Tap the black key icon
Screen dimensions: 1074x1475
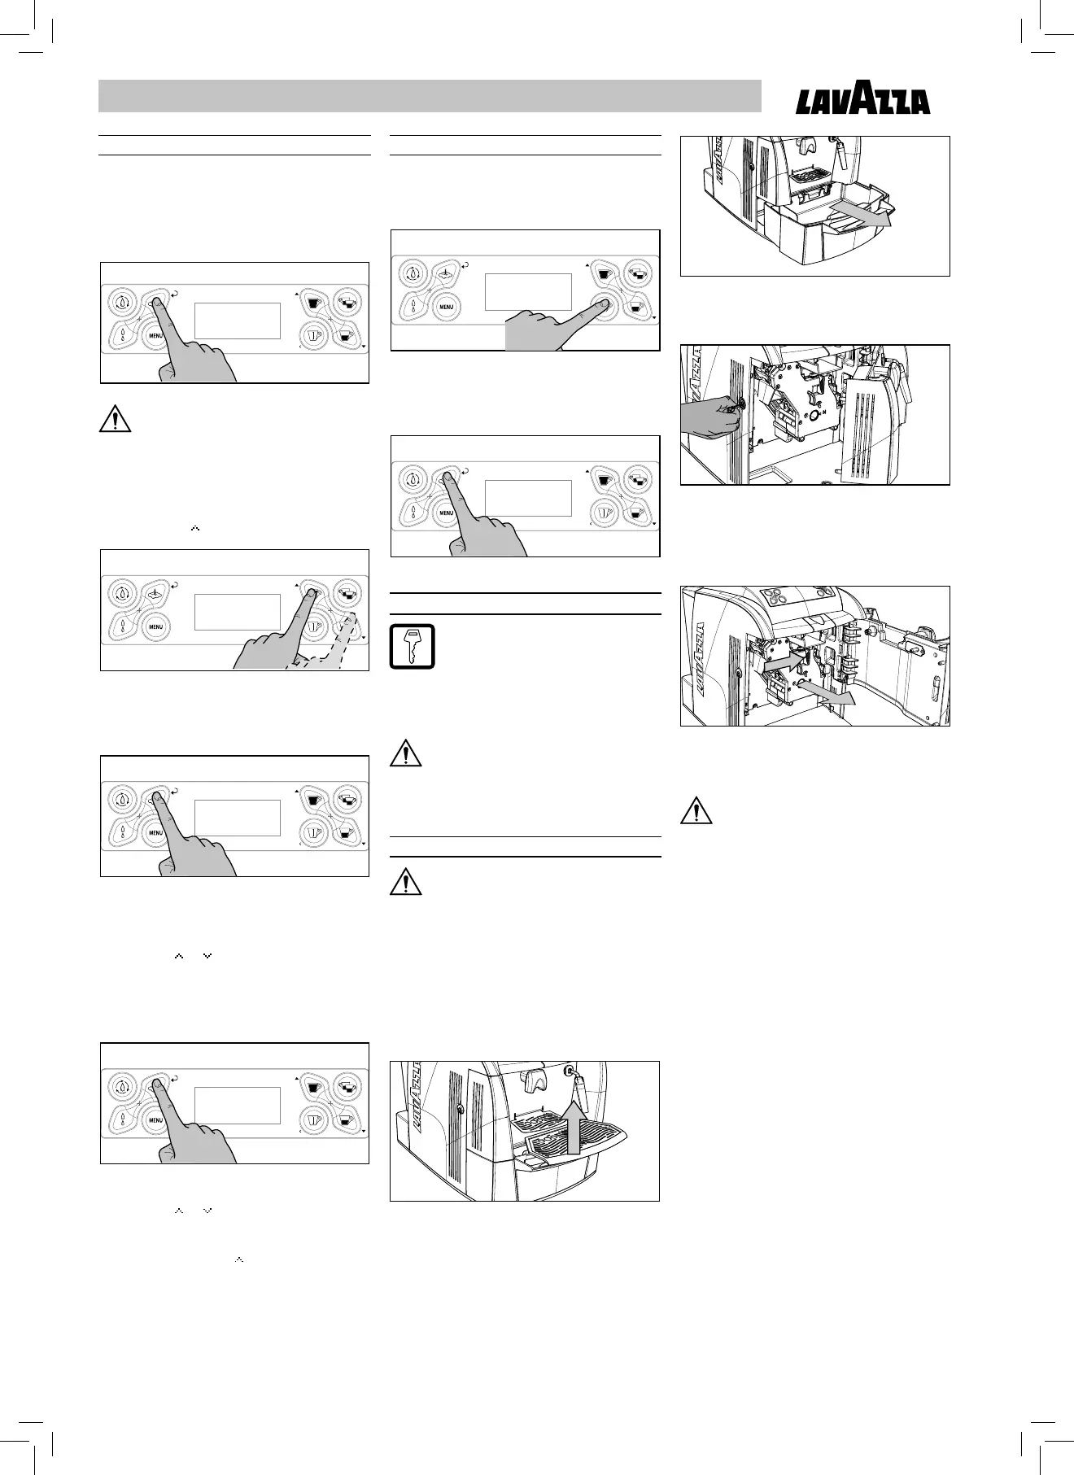(413, 647)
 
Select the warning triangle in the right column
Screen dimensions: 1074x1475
(696, 811)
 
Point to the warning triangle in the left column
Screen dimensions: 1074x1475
(116, 419)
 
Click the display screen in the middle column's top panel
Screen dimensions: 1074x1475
(528, 291)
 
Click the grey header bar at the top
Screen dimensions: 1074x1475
(430, 96)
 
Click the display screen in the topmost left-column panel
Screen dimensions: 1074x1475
(238, 321)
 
